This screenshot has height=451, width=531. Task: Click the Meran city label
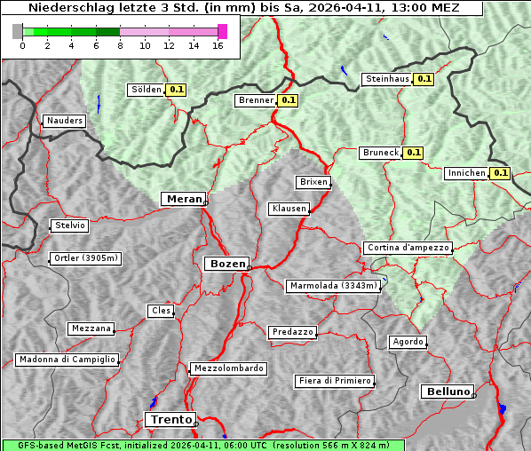pos(183,199)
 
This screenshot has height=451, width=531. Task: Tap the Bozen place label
pos(226,264)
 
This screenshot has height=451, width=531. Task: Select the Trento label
pos(170,419)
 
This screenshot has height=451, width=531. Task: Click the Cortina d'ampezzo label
pos(408,248)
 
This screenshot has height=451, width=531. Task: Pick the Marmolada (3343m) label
pos(334,286)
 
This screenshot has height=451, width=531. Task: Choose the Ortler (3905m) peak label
pos(84,259)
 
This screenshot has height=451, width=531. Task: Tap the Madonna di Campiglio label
pos(67,360)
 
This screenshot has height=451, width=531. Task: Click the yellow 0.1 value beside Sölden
pos(177,90)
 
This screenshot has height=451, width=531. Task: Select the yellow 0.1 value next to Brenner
pos(288,100)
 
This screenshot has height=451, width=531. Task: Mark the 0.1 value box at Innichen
pos(501,173)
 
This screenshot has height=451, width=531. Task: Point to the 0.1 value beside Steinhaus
pos(424,79)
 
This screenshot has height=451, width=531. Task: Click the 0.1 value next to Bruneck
pos(413,153)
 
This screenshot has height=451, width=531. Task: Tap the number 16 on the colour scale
pos(218,45)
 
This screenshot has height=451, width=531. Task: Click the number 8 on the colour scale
pos(120,45)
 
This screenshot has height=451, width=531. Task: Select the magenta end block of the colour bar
pos(222,31)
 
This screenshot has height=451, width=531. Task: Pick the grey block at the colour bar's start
pos(18,31)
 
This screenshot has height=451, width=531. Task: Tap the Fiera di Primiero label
pos(334,381)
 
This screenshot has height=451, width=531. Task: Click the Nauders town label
pos(65,121)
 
